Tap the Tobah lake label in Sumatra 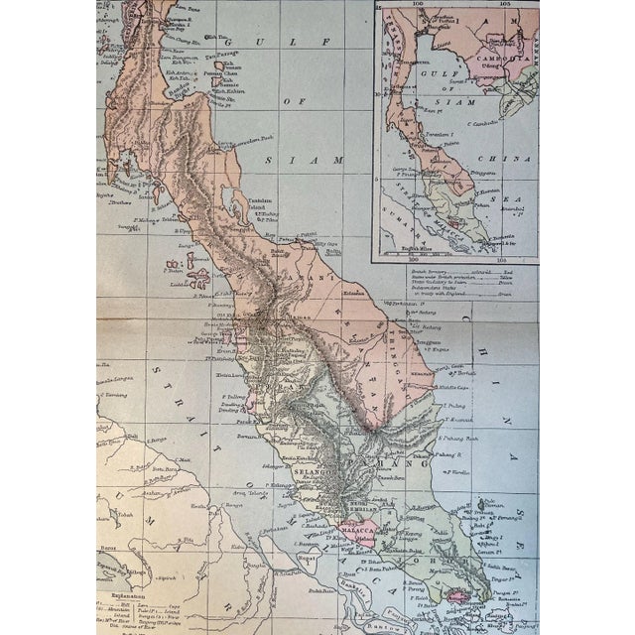point(116,515)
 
